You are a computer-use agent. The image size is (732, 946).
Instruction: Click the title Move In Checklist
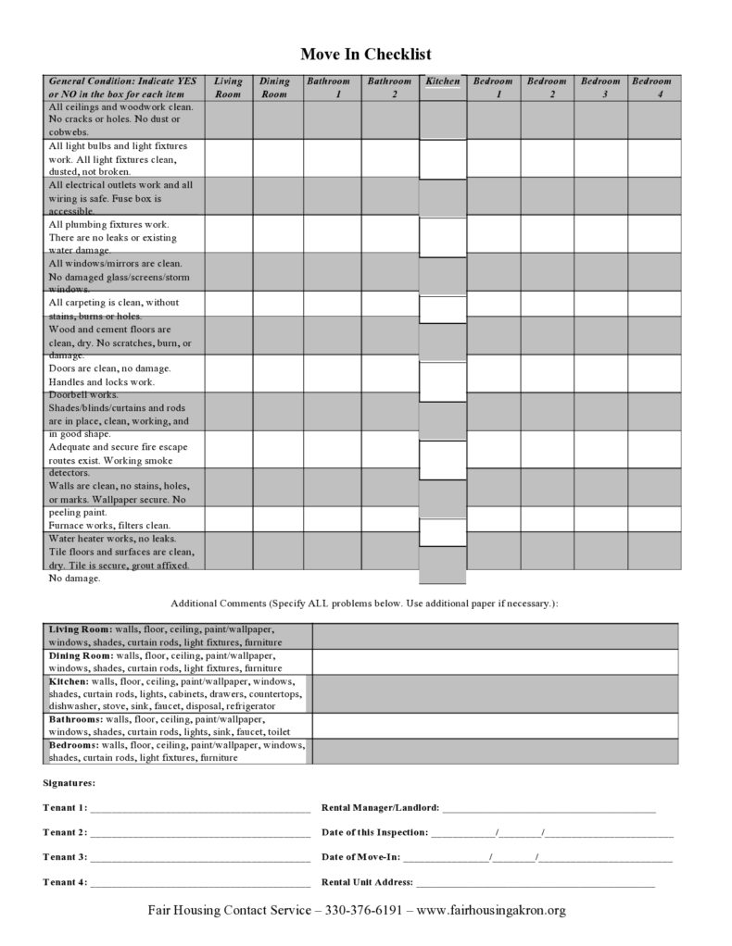tap(365, 55)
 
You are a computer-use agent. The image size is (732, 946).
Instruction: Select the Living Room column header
tap(228, 88)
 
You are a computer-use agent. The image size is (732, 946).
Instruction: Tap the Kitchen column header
tap(443, 81)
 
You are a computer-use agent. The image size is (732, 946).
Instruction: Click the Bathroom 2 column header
tap(389, 88)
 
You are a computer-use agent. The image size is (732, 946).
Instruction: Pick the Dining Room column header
tap(274, 88)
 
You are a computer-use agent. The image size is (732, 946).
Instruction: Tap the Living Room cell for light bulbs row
tap(228, 157)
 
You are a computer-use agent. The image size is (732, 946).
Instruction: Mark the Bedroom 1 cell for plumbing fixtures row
tap(494, 234)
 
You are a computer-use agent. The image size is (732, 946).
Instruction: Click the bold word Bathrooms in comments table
tap(75, 718)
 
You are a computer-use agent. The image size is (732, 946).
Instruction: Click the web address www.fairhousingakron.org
tap(491, 910)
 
